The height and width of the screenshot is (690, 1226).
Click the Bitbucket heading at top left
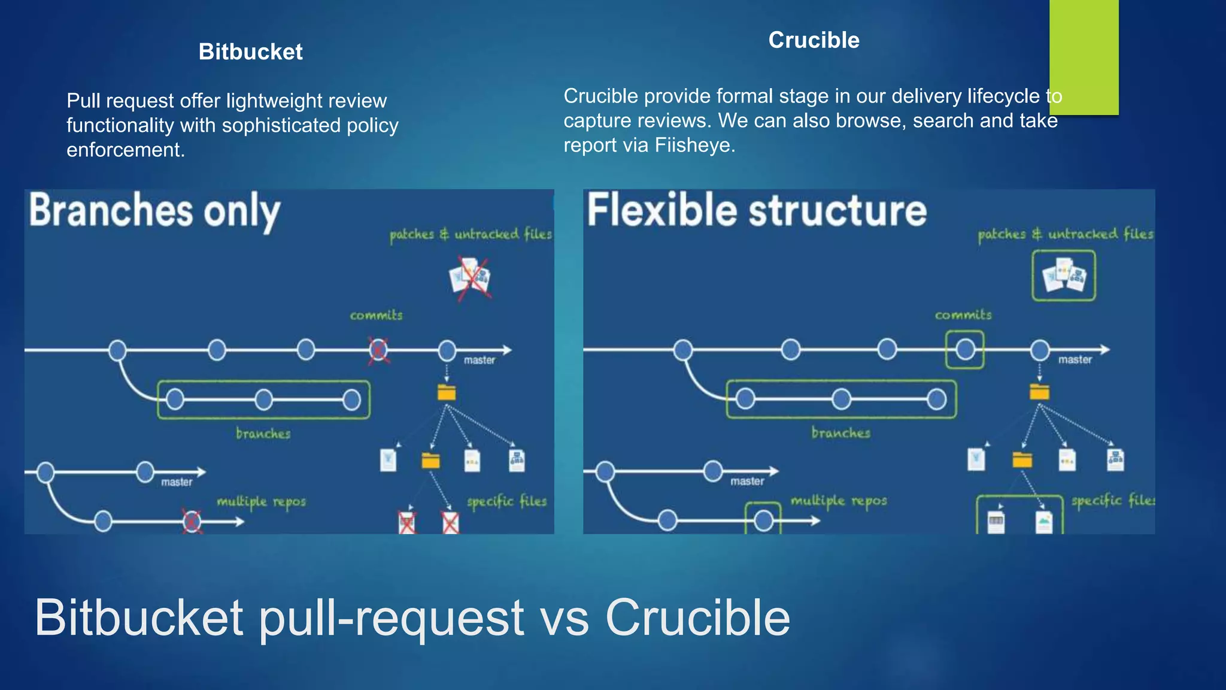[x=250, y=52]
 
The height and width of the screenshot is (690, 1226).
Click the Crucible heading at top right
[x=814, y=40]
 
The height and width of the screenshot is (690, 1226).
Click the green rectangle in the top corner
[x=1084, y=57]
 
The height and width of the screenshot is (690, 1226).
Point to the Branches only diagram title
[x=154, y=211]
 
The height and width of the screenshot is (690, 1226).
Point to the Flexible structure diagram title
[x=757, y=211]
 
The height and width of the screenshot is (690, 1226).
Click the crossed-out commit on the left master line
[x=378, y=350]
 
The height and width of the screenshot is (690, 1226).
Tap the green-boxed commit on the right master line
[x=964, y=350]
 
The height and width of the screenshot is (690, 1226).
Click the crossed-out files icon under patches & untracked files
[x=471, y=278]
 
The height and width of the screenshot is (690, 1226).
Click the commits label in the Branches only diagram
[x=376, y=315]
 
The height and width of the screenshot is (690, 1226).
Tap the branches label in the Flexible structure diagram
[x=840, y=432]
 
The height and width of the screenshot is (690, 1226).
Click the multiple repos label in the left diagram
[x=261, y=501]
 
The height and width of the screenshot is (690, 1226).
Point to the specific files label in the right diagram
[x=1112, y=500]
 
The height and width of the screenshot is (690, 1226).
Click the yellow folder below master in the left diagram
[x=447, y=392]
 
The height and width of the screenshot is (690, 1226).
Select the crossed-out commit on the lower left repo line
[x=192, y=521]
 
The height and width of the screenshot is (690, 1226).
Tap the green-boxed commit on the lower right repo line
[x=763, y=520]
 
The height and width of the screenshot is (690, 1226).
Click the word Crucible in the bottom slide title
[x=697, y=618]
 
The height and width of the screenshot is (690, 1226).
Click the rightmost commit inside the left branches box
[x=351, y=400]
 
